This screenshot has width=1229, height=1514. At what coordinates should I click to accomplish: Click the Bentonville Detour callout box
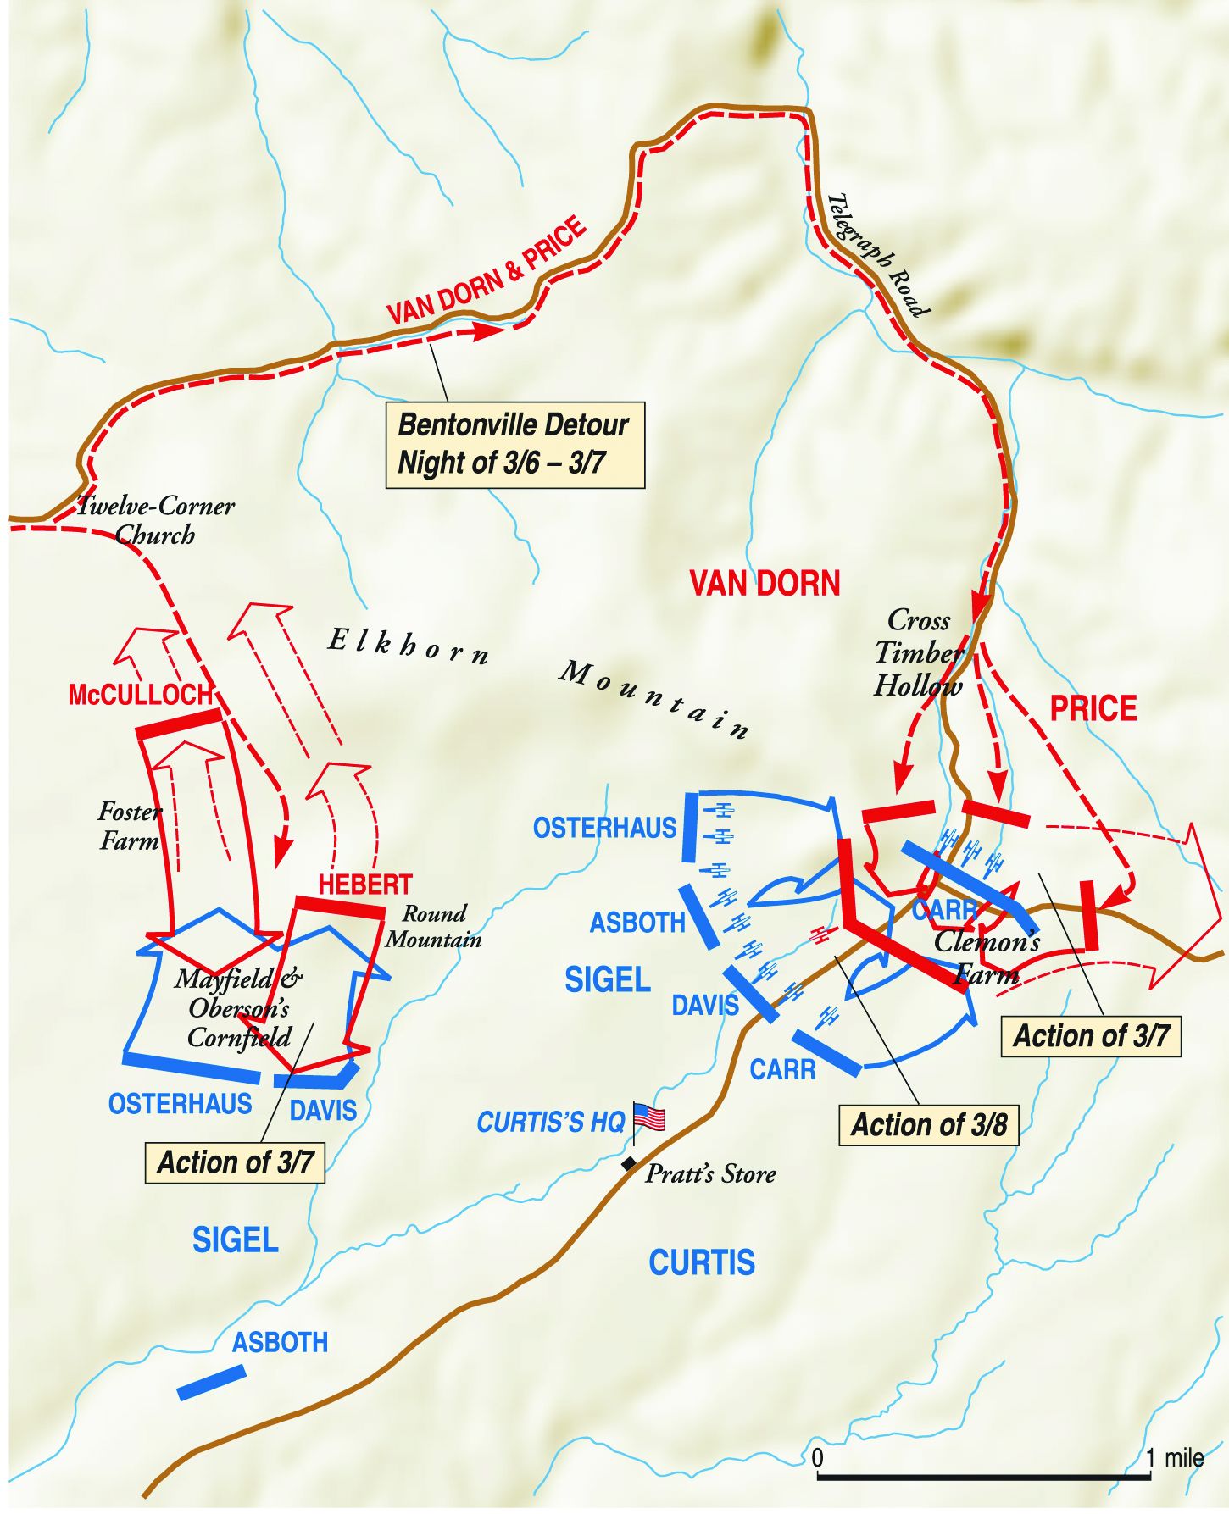514,445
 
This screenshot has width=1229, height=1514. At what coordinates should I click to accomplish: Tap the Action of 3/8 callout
928,1125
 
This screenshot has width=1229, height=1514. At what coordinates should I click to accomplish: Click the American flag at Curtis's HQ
649,1117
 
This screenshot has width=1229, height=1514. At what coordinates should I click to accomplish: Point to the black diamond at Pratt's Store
629,1164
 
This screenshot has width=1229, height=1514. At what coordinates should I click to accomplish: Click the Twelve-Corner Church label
155,520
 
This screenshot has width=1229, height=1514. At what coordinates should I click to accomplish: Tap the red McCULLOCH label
140,695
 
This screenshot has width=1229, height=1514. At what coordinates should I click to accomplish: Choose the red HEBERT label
364,885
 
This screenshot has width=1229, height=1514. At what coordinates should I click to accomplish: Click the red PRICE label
1093,708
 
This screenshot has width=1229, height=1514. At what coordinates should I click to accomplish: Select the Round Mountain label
433,926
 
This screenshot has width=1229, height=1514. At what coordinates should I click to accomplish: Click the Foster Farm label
129,826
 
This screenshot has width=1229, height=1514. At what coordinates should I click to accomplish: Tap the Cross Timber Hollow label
919,652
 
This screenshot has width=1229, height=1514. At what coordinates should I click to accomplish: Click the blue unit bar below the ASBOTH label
211,1382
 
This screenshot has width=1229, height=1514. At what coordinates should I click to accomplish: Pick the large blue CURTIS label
702,1262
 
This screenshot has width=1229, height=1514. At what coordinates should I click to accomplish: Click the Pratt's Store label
710,1174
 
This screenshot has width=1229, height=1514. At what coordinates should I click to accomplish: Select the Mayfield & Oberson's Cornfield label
239,1008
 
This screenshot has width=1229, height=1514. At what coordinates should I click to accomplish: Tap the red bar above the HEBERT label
340,906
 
